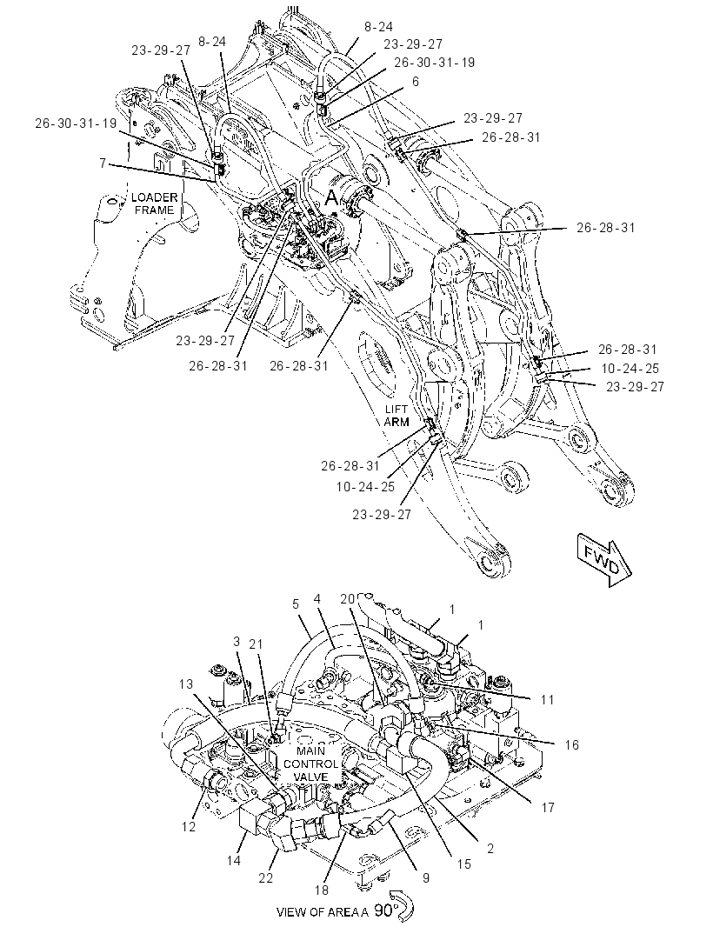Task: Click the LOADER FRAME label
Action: tap(154, 203)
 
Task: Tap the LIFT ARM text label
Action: tap(396, 416)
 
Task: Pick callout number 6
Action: tap(416, 82)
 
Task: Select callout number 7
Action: tap(103, 163)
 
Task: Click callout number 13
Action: tap(185, 684)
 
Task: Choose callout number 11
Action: tap(548, 699)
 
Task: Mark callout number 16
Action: tap(571, 744)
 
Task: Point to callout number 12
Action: tap(188, 826)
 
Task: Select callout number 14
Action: tap(234, 860)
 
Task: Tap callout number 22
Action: tap(266, 878)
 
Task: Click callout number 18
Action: tap(322, 890)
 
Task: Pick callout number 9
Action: tap(426, 878)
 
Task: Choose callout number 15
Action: tap(464, 864)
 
